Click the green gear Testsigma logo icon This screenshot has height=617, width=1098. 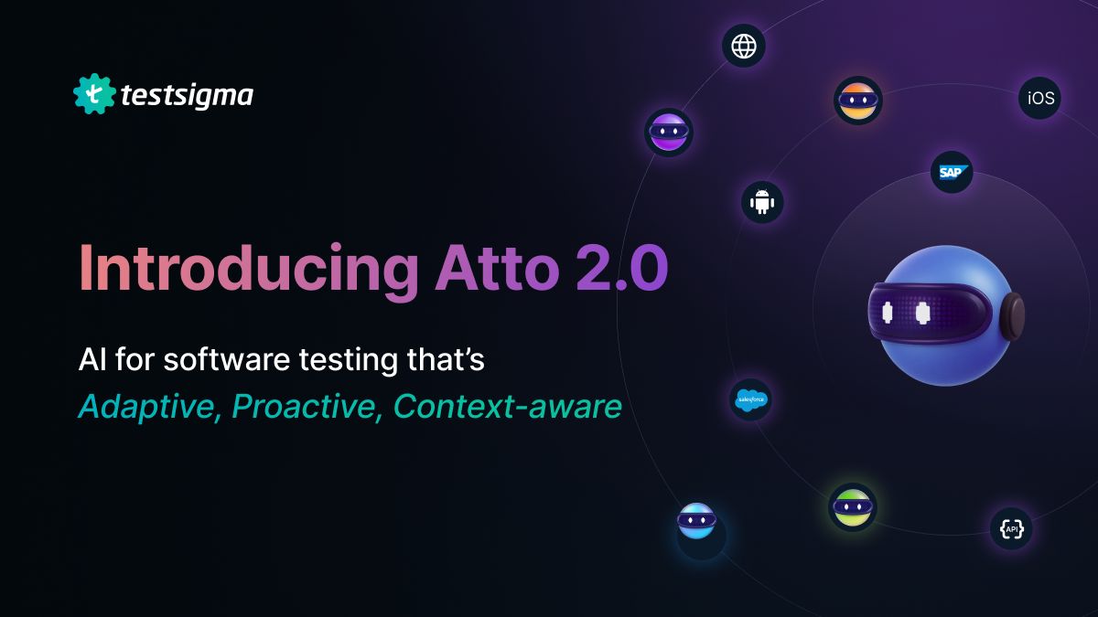pos(93,94)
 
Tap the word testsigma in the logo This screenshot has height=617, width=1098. pos(187,95)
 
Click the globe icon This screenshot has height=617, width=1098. pos(744,46)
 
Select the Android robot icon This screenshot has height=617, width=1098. pos(762,202)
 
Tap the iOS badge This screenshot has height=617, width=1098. pos(1040,98)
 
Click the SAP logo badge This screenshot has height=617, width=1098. pos(952,172)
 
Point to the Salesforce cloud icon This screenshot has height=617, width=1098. pos(751,399)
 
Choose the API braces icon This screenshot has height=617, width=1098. pos(1011,528)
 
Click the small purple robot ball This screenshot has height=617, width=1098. pos(668,133)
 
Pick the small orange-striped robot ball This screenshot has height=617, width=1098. pos(857,100)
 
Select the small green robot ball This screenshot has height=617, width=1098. pos(852,507)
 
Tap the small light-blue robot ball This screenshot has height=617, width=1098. pos(696,521)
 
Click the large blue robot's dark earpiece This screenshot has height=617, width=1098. pos(1012,316)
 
